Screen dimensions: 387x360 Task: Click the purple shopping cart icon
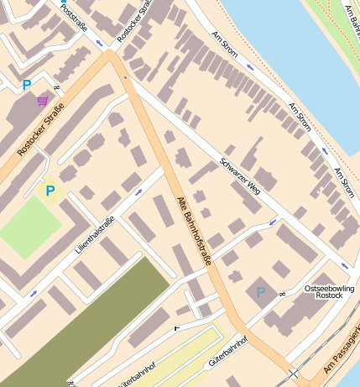click(42, 102)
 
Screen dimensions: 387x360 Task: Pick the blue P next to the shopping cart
click(27, 85)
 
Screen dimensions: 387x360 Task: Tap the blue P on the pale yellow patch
click(50, 191)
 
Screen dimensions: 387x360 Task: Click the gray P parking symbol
click(261, 291)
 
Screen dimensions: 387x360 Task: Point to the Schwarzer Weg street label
click(240, 177)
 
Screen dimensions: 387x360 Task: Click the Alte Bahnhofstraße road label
click(195, 231)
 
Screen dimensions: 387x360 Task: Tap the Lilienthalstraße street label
click(94, 237)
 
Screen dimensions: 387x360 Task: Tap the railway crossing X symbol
click(293, 373)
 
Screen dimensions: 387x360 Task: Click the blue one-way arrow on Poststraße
click(100, 42)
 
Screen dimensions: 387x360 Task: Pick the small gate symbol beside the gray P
click(284, 292)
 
